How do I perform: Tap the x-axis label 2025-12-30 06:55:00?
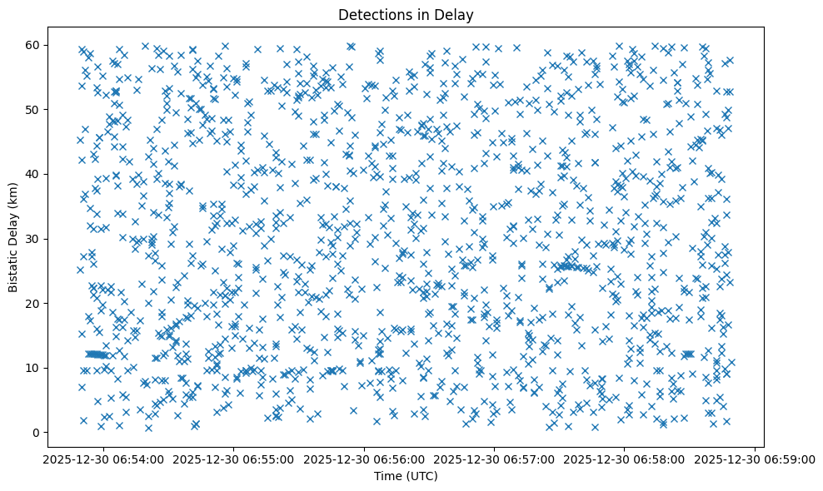[232, 459]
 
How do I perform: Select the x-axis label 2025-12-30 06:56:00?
[363, 459]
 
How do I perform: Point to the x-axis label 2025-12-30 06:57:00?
[494, 459]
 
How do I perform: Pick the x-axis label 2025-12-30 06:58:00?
[625, 459]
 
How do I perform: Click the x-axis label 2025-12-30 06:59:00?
[756, 459]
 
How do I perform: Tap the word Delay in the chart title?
[456, 14]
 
